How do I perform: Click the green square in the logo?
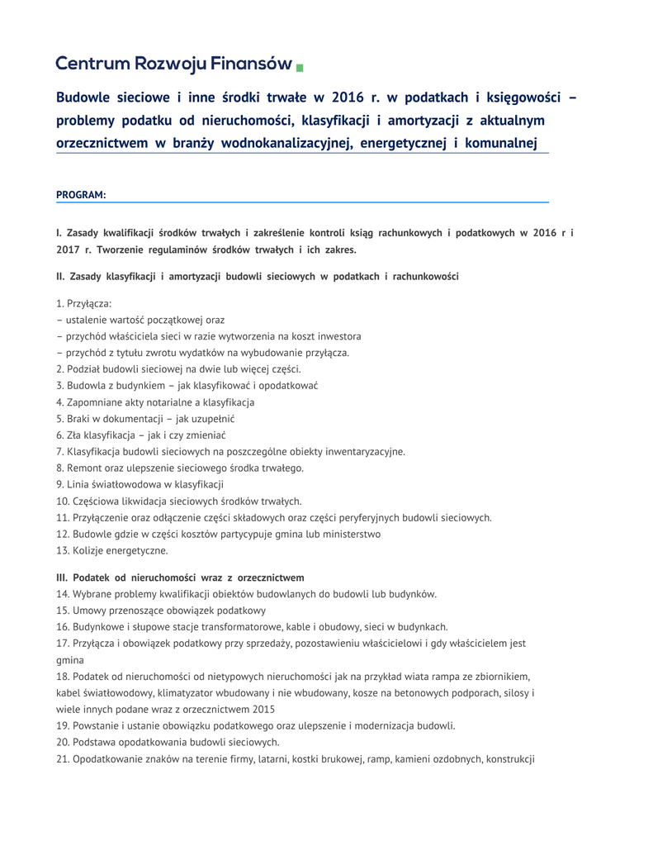click(x=300, y=66)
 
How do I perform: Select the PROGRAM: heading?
click(x=81, y=195)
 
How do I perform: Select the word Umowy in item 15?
click(x=90, y=611)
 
